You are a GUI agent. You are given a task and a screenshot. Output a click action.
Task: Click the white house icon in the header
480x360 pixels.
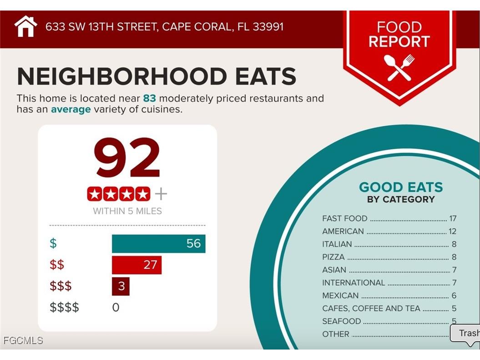25,26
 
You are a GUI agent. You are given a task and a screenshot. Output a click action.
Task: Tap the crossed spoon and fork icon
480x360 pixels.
399,67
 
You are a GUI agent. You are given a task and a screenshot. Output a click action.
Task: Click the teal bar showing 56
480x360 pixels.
158,243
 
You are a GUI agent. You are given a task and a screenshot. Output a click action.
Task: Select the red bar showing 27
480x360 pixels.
136,265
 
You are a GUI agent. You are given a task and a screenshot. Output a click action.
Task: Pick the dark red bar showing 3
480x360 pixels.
121,287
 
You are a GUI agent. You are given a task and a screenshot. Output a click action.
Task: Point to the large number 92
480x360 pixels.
127,158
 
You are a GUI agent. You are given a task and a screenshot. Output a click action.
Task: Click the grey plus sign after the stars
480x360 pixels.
161,194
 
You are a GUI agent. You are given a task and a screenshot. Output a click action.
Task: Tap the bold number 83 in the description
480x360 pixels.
149,98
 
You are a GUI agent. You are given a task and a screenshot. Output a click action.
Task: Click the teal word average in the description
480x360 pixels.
71,109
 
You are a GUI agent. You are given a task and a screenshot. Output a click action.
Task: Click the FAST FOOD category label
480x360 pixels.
344,218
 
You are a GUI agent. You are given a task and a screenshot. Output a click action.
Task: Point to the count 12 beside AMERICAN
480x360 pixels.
452,231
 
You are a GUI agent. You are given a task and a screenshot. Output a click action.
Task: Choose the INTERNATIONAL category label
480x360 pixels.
354,283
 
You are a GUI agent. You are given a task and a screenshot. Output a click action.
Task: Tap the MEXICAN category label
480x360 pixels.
340,295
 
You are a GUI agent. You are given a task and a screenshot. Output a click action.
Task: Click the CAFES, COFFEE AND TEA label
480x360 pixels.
371,309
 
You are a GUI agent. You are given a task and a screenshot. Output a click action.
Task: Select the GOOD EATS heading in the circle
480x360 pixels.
400,187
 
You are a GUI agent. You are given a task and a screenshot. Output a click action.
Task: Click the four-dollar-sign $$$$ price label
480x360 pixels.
64,307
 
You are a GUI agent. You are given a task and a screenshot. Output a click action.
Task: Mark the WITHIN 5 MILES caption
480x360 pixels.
127,211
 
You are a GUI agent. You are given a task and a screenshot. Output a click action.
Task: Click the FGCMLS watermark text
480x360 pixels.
23,340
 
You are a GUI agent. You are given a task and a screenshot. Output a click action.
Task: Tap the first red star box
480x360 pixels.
95,194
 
